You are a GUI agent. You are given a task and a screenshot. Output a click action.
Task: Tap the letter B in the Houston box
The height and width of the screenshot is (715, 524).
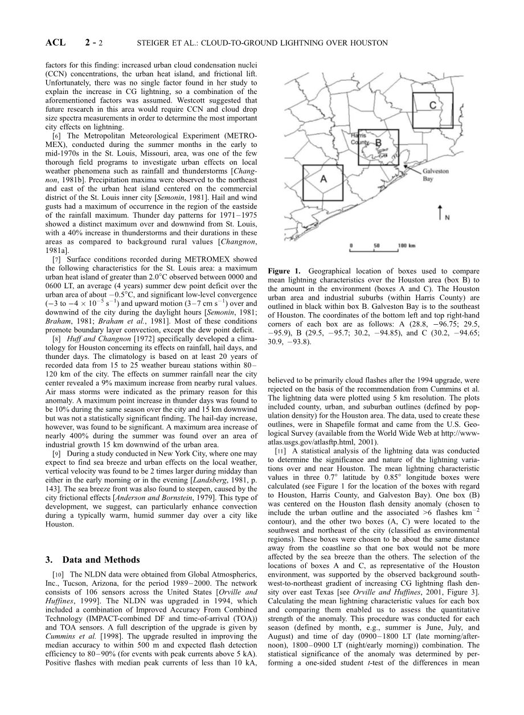point(378,142)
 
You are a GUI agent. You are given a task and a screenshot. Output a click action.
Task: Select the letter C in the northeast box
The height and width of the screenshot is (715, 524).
point(432,105)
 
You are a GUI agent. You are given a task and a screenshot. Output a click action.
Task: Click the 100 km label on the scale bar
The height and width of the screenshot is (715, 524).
point(407,245)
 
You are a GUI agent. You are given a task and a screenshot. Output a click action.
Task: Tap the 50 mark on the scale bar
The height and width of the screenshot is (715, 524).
point(376,245)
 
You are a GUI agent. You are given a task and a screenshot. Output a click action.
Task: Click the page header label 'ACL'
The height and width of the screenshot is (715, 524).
point(56,43)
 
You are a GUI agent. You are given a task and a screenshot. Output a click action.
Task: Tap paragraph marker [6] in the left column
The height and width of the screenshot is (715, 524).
point(56,136)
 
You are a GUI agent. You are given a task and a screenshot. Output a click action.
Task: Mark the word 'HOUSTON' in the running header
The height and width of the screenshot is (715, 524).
point(370,43)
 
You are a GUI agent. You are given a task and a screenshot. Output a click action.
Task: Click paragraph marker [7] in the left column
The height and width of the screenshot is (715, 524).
point(56,259)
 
